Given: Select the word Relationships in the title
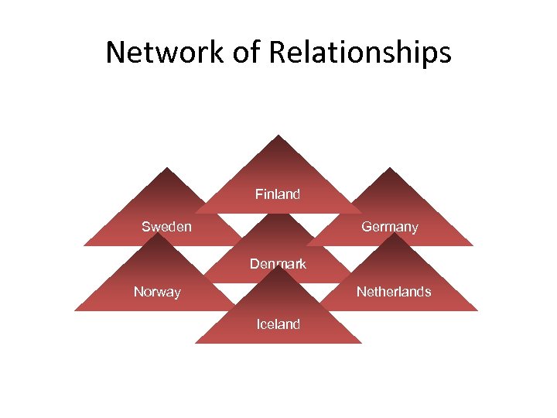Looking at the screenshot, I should [360, 53].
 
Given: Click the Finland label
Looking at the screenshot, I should [278, 194].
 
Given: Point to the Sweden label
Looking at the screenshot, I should [166, 227].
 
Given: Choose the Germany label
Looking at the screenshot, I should [390, 227].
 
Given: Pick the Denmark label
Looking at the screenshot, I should [278, 264].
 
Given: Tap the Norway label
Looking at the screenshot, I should [157, 292].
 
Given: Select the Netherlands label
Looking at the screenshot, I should [394, 292].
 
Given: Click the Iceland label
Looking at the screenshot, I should [278, 324].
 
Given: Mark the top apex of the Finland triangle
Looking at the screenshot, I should [278, 135].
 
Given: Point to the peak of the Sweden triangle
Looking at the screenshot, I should [166, 168].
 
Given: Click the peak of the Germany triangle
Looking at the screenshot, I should [390, 168].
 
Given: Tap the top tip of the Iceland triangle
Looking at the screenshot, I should [278, 266].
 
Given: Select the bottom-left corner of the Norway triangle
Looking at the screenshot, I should [74, 310].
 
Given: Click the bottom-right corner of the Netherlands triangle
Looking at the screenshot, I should [478, 310].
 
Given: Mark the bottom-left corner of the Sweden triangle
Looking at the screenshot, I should [84, 245].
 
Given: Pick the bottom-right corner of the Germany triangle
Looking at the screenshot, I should [473, 245].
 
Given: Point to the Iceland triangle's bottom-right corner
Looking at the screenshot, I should [361, 343].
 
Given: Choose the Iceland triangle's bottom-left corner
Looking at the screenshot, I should [194, 343].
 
